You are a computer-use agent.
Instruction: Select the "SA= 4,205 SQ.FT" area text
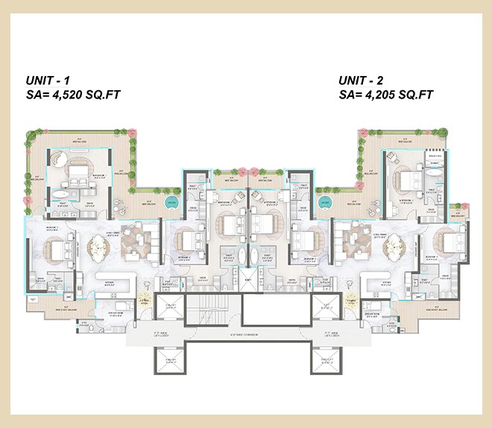point(385,95)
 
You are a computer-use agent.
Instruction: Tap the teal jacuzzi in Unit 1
point(171,202)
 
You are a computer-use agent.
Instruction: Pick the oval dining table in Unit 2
point(393,246)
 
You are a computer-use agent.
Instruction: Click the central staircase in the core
point(246,306)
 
